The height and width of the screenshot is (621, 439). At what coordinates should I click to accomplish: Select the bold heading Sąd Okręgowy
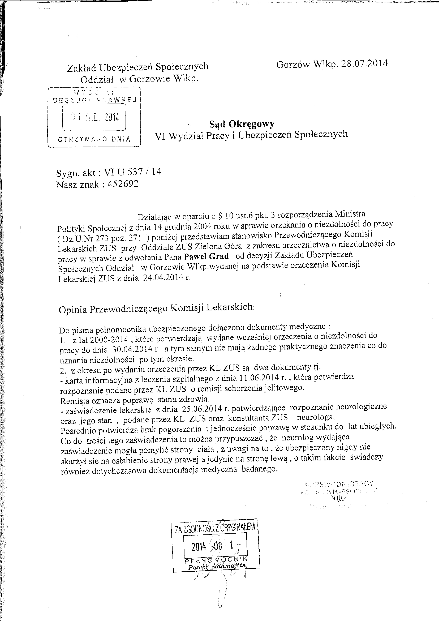[242, 124]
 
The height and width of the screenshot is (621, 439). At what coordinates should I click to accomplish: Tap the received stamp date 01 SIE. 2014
[95, 117]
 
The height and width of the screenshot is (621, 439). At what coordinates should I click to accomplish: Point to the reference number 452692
[123, 184]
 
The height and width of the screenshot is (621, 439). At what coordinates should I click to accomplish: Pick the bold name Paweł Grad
[206, 256]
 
